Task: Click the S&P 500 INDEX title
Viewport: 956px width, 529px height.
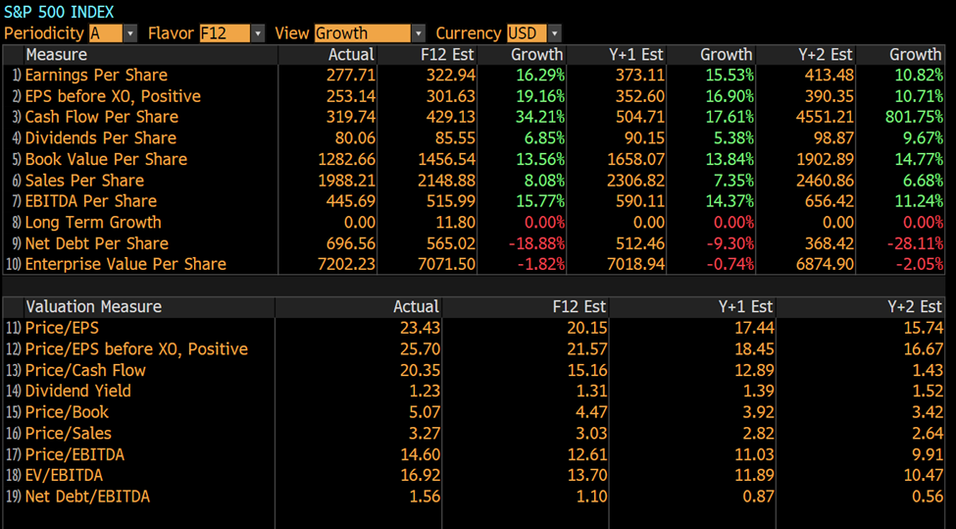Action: (59, 12)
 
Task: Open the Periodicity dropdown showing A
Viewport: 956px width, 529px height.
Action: (113, 33)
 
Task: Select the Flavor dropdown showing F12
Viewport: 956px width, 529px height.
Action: (231, 33)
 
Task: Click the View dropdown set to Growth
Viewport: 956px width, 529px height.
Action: (370, 33)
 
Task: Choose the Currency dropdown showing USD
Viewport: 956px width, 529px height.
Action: (533, 33)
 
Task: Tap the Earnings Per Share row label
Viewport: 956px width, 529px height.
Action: (96, 76)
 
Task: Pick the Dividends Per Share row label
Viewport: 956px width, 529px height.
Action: (101, 138)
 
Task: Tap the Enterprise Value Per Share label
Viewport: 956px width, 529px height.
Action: (126, 264)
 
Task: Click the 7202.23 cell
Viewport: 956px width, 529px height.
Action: (348, 264)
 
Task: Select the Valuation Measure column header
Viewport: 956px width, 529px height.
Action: (93, 307)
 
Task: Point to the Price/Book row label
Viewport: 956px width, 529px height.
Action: (67, 412)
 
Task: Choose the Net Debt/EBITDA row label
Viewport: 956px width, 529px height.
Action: (87, 497)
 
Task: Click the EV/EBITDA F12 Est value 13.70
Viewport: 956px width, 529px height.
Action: (587, 475)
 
